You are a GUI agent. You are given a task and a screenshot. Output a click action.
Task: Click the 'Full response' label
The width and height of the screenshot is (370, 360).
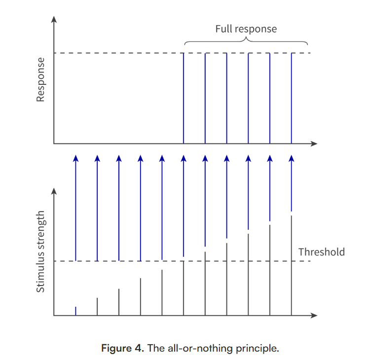point(246,29)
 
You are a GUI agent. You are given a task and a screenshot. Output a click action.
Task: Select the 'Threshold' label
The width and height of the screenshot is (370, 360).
point(321,252)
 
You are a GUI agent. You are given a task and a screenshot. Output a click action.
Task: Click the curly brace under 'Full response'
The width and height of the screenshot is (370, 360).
point(246,39)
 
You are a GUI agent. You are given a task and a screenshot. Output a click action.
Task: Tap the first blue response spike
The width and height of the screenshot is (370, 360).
point(184,99)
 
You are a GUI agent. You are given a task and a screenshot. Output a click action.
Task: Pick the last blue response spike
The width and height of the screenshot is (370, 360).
point(292,99)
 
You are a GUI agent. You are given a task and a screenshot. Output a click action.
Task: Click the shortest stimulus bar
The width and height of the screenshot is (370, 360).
point(75,311)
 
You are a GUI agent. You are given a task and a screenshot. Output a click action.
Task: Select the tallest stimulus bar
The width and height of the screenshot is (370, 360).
point(292,266)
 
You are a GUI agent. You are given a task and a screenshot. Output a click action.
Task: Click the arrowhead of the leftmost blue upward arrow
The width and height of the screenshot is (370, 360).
point(75,158)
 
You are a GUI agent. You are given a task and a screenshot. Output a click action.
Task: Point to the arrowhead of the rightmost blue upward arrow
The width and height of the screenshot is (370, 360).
point(292,158)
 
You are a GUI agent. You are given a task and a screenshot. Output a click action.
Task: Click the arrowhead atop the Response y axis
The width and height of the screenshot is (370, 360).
point(54,19)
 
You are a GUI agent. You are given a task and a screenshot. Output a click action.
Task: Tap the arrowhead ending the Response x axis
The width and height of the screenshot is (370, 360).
point(314,144)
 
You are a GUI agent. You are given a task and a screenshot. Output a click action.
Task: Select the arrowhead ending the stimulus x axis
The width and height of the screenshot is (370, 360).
point(314,315)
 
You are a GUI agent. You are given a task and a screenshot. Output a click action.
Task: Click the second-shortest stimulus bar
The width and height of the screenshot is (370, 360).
point(97,307)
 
